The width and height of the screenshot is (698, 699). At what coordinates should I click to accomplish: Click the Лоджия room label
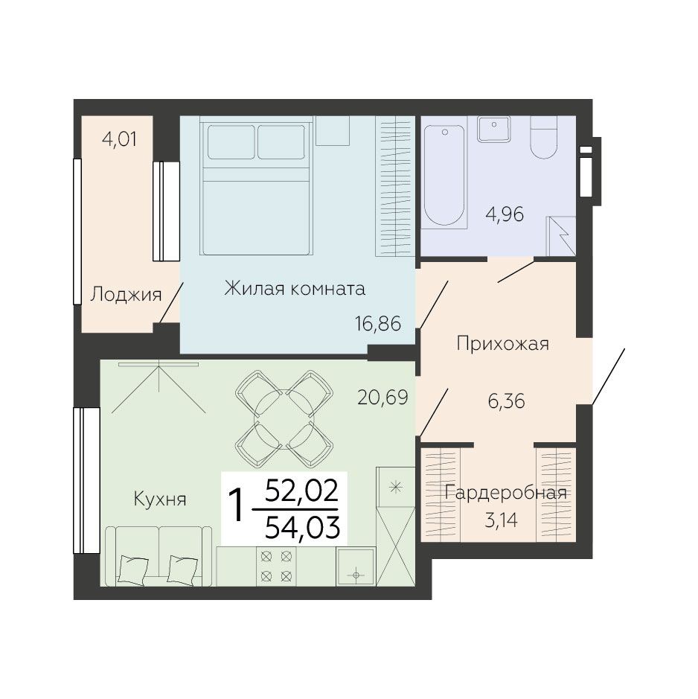coord(126,295)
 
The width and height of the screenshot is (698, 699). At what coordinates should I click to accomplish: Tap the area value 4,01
coord(120,139)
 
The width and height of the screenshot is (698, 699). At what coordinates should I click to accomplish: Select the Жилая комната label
coord(295,288)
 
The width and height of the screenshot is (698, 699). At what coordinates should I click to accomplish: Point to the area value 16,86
coord(378,323)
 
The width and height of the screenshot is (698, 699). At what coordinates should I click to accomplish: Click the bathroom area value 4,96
coord(505,214)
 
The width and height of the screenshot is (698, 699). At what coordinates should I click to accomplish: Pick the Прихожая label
coord(503,344)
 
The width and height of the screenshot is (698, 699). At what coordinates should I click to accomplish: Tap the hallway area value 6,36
coord(506,401)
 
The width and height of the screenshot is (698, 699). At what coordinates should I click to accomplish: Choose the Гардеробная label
coord(506,493)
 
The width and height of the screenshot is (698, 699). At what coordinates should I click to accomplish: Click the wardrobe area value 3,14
coord(501,520)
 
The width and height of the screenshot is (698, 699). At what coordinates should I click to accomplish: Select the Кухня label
coord(160,499)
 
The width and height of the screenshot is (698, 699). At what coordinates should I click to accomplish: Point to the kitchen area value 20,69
coord(383,398)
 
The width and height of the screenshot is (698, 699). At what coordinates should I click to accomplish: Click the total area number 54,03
coord(303,528)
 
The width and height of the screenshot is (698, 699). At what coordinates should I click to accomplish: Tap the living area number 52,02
coord(302,492)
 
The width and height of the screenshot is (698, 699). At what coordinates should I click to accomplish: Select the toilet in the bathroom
coord(544,137)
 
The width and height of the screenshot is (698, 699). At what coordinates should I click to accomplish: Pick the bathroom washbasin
coord(494,130)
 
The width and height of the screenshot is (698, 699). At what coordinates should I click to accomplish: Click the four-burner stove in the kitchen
coord(276,566)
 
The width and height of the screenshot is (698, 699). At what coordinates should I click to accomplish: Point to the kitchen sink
coord(356,566)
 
